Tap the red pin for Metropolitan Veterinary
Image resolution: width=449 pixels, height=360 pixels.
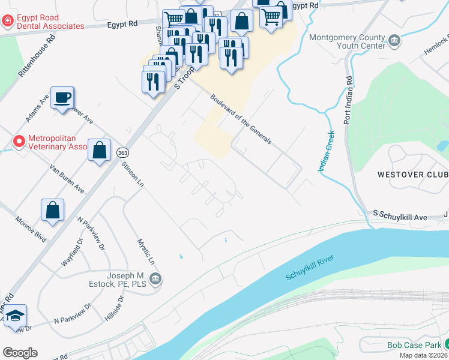19,142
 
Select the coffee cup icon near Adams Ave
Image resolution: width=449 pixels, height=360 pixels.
62,97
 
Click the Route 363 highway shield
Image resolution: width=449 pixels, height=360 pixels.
121,153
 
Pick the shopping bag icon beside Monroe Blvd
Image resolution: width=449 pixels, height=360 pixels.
53,210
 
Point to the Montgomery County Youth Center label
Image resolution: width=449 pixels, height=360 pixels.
346,41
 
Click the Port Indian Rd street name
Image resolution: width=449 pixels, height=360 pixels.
348,100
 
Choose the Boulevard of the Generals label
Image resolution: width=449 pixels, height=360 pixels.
241,119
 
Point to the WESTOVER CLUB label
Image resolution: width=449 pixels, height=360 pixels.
412,175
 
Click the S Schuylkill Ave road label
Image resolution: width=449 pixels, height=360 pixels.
399,214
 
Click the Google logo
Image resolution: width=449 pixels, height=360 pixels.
20,352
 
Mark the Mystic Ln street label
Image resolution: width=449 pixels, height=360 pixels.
146,253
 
